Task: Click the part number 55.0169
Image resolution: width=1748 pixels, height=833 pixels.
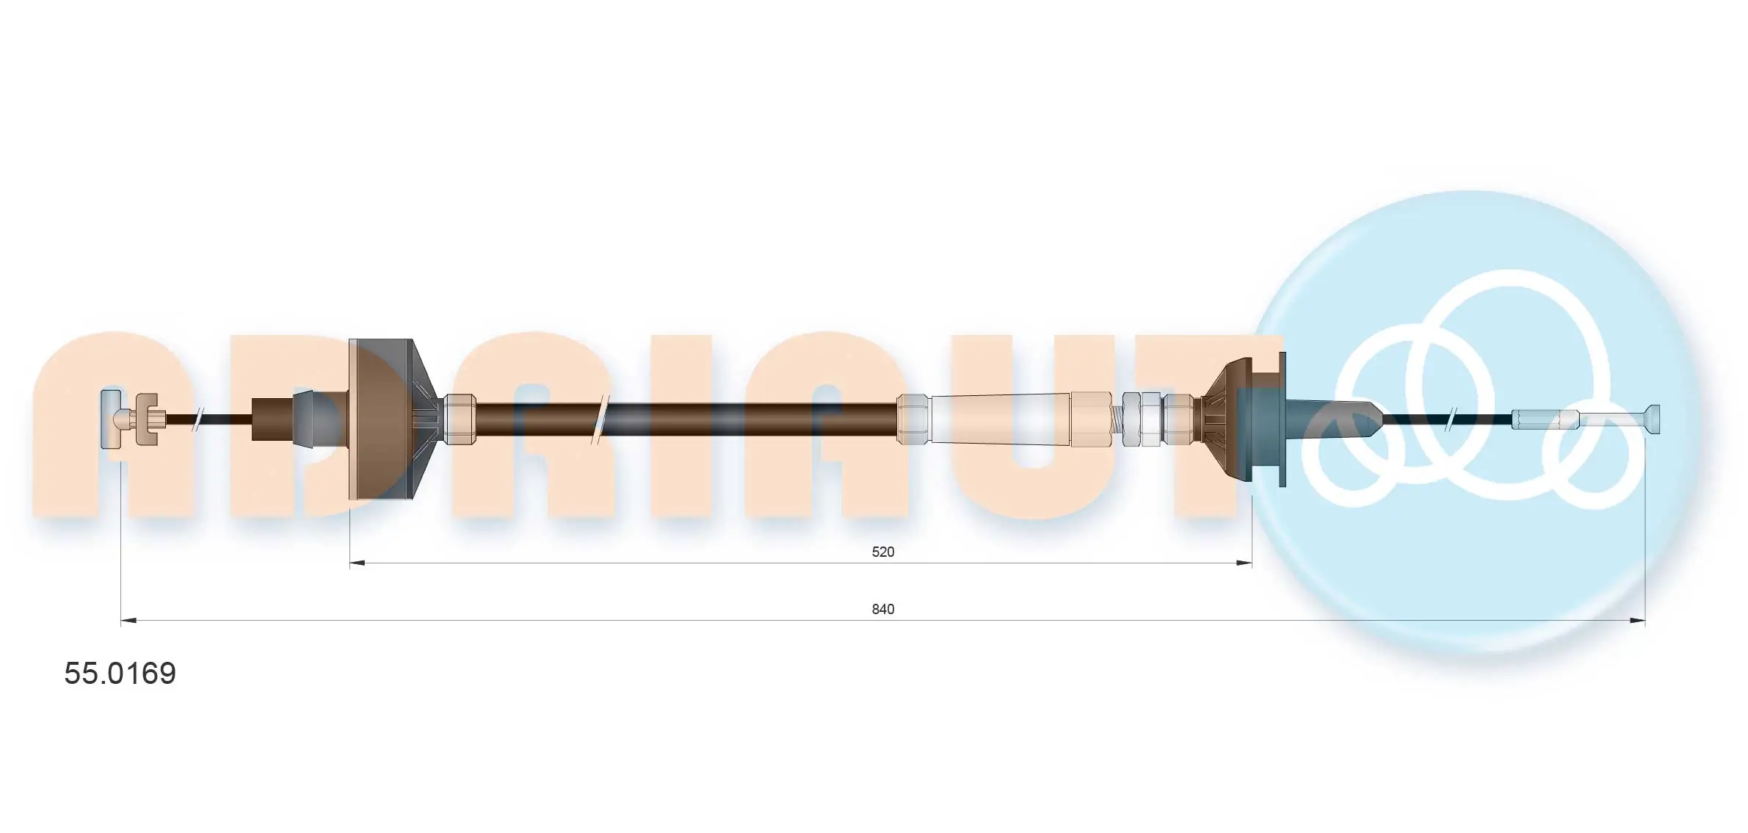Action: click(120, 674)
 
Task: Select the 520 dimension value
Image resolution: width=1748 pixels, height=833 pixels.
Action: click(882, 552)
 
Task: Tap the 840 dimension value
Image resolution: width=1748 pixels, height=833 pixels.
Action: click(882, 609)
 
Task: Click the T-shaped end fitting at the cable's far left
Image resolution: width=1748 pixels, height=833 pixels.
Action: click(110, 419)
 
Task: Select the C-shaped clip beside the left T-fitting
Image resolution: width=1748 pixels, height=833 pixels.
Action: click(150, 419)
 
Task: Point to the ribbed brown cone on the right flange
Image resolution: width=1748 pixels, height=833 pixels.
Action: click(1219, 419)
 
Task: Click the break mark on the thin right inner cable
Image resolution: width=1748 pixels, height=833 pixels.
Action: click(1451, 419)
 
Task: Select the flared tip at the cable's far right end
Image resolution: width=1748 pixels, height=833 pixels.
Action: click(1652, 419)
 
